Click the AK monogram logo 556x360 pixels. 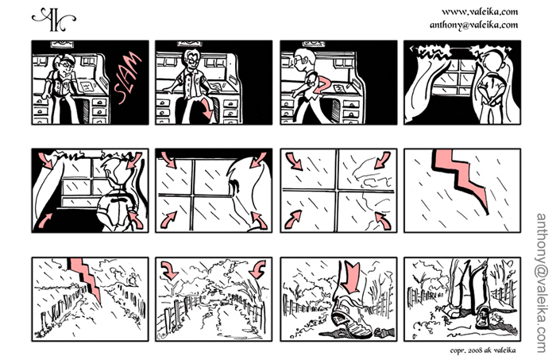click(x=54, y=19)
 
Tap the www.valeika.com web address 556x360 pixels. click(x=480, y=12)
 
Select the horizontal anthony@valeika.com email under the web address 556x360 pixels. click(x=473, y=25)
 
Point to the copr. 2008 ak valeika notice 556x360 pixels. click(x=483, y=350)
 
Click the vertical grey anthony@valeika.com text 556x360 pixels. click(x=542, y=283)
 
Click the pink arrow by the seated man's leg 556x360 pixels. click(x=208, y=110)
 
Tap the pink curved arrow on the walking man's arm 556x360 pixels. click(x=322, y=85)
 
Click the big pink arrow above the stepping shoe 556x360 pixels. click(x=351, y=277)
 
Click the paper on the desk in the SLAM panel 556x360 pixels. click(x=87, y=86)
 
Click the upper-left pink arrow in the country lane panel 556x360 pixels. click(x=169, y=269)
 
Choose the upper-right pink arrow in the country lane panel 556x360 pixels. click(x=257, y=269)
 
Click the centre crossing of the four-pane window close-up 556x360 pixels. click(x=338, y=191)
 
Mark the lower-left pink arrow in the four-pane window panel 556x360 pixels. click(x=293, y=219)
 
